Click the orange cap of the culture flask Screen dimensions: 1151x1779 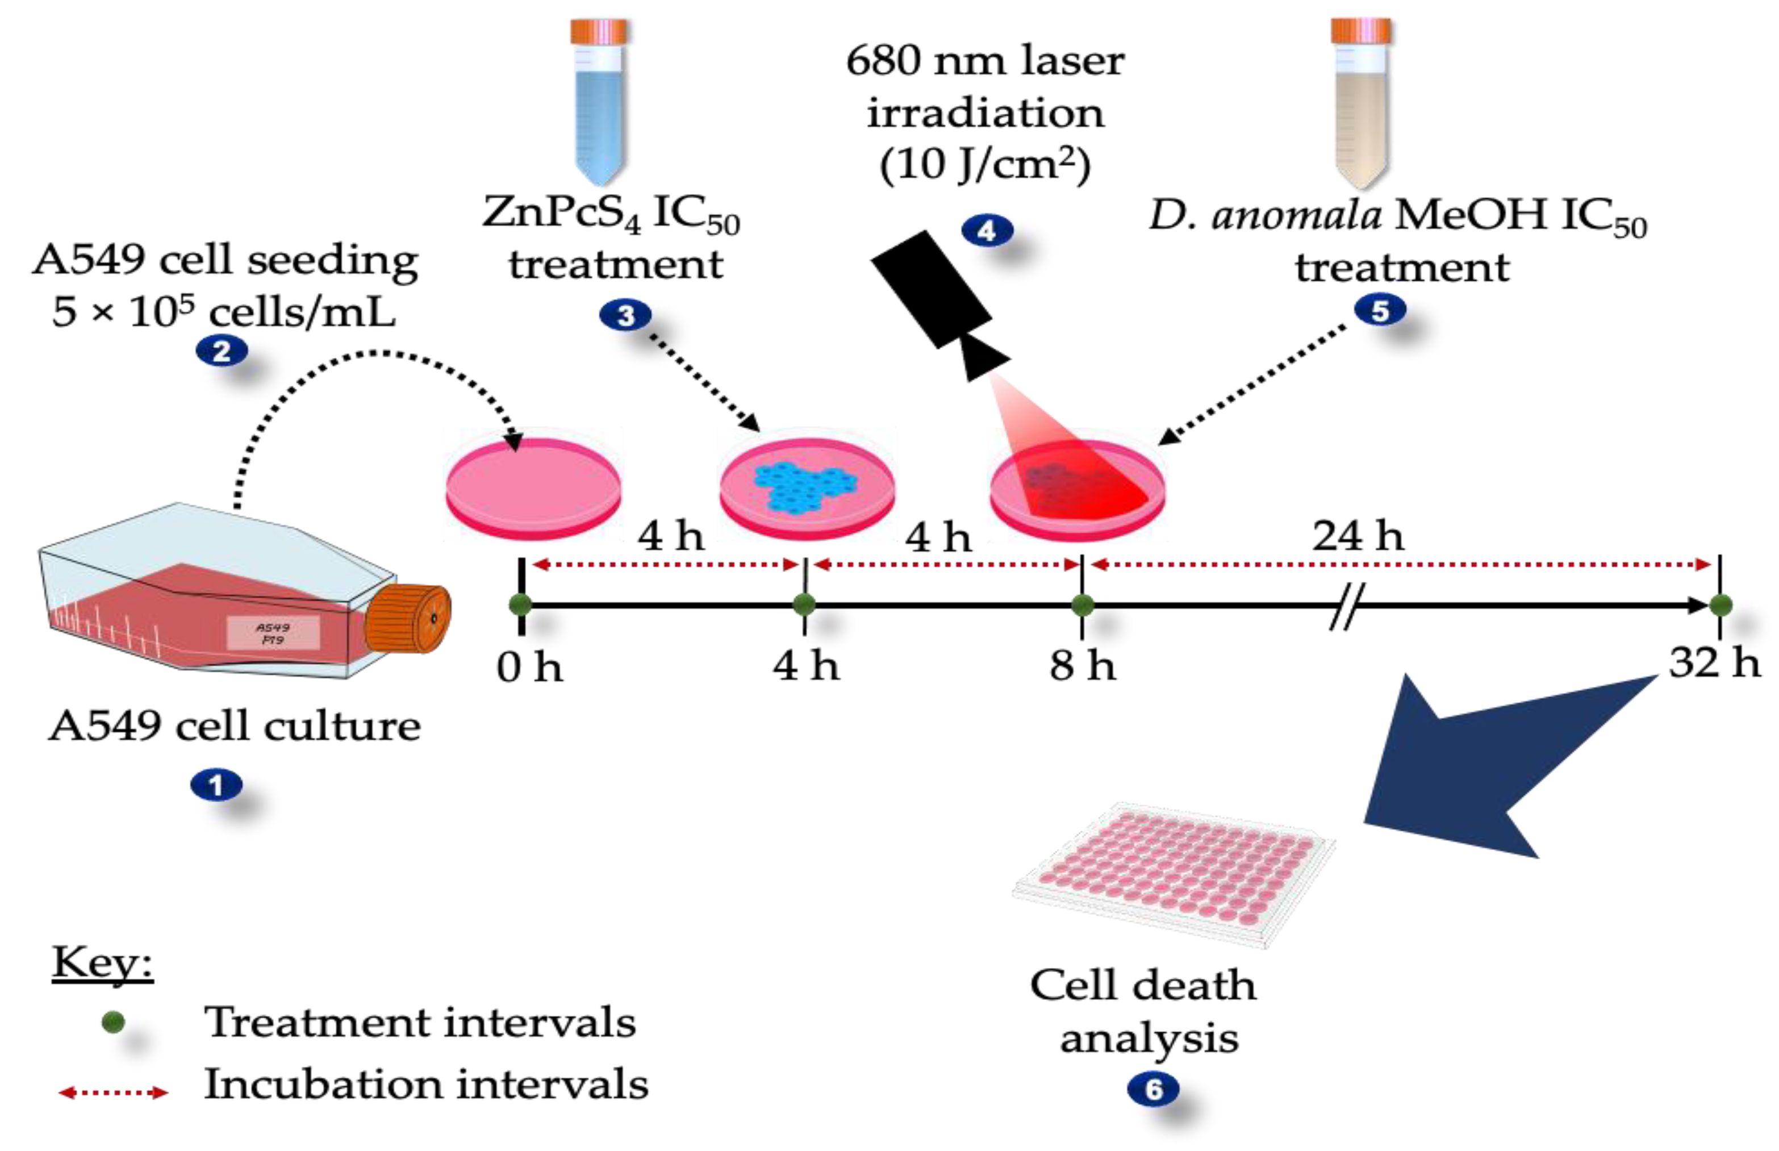tap(407, 619)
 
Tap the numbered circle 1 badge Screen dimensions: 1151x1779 tap(216, 786)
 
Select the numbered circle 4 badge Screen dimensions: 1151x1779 tap(986, 231)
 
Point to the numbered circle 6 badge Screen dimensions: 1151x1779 tap(1153, 1090)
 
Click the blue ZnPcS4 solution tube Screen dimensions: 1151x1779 tap(599, 101)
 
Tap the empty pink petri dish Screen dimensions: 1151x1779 tap(533, 486)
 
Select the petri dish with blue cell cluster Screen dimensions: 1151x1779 tap(807, 486)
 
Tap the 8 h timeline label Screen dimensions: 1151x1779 tap(1082, 665)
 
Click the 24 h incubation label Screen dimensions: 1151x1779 tap(1358, 536)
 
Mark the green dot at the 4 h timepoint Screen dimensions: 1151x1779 tap(804, 604)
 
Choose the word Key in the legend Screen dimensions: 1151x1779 tap(102, 962)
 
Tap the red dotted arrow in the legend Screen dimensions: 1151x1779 tap(114, 1092)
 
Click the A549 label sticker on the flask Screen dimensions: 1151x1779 tap(273, 633)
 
